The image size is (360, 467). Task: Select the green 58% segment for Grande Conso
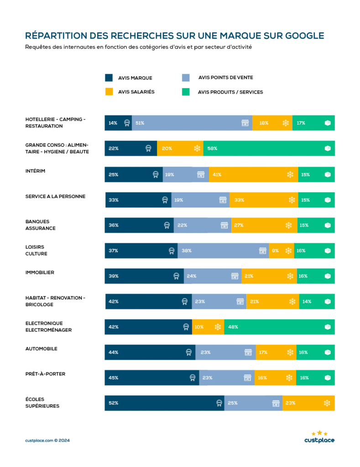click(x=269, y=148)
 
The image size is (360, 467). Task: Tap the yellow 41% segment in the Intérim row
click(x=253, y=174)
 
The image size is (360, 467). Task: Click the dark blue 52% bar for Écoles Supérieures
click(x=164, y=403)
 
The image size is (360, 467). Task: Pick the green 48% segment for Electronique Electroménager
click(x=279, y=327)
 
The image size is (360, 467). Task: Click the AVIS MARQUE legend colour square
click(x=109, y=78)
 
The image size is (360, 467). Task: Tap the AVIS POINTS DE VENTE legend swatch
click(x=186, y=78)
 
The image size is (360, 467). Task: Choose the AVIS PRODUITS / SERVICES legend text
click(x=230, y=92)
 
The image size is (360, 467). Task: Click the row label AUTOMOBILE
click(x=41, y=348)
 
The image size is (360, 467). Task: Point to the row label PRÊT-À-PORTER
click(x=45, y=374)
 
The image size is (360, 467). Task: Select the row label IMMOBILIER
click(x=40, y=272)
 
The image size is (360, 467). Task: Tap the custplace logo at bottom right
click(x=319, y=437)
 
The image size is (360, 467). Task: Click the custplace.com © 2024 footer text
click(x=47, y=441)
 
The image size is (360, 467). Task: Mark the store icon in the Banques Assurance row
click(x=224, y=225)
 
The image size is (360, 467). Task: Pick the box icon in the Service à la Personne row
click(x=328, y=200)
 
